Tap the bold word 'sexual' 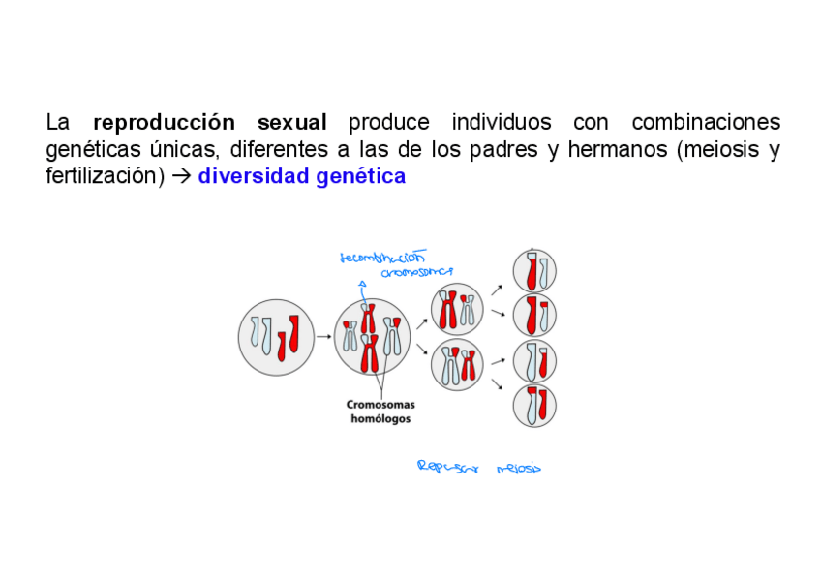point(292,123)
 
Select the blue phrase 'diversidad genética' point(301,177)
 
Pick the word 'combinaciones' point(706,123)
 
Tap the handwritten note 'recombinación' point(382,258)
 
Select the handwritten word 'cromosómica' point(417,273)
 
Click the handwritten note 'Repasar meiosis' point(478,468)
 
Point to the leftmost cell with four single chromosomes point(276,337)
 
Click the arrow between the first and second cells point(323,337)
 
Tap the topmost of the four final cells point(534,270)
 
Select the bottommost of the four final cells point(534,406)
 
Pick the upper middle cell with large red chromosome point(457,310)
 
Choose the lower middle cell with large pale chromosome point(457,365)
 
